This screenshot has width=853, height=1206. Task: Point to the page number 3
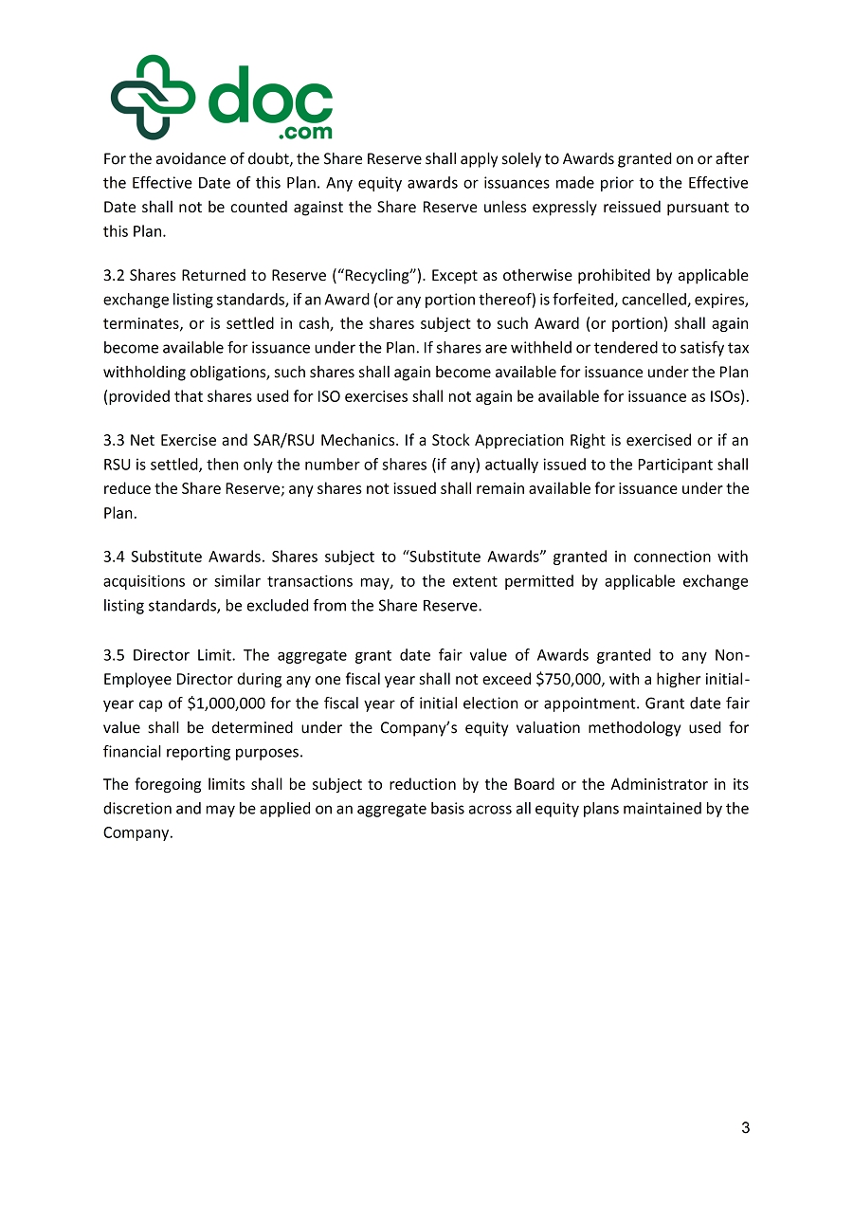(x=745, y=1128)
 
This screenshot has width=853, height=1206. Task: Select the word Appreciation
(x=534, y=441)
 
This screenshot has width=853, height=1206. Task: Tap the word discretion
(x=138, y=810)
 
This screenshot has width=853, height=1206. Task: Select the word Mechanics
(x=316, y=441)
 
